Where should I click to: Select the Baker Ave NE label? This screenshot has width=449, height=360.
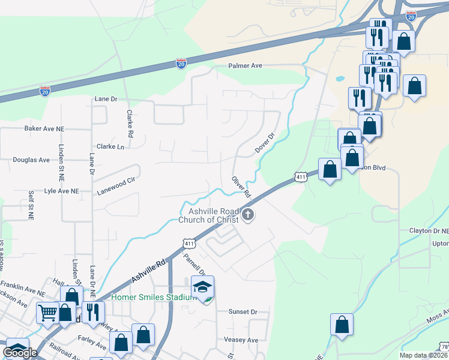(44, 128)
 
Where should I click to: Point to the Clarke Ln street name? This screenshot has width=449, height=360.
(110, 146)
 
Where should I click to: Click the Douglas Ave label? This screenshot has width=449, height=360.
(32, 160)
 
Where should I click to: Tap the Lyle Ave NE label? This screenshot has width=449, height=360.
(62, 191)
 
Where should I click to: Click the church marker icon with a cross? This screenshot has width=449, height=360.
(247, 215)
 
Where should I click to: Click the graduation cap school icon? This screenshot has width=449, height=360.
(203, 286)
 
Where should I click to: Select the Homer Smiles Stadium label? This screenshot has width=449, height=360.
(154, 296)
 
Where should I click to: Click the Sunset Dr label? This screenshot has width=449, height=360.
(243, 312)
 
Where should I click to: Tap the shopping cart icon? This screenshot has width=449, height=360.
(47, 312)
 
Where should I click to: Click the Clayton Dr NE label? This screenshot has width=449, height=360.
(429, 230)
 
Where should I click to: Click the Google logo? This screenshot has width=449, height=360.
(20, 352)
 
